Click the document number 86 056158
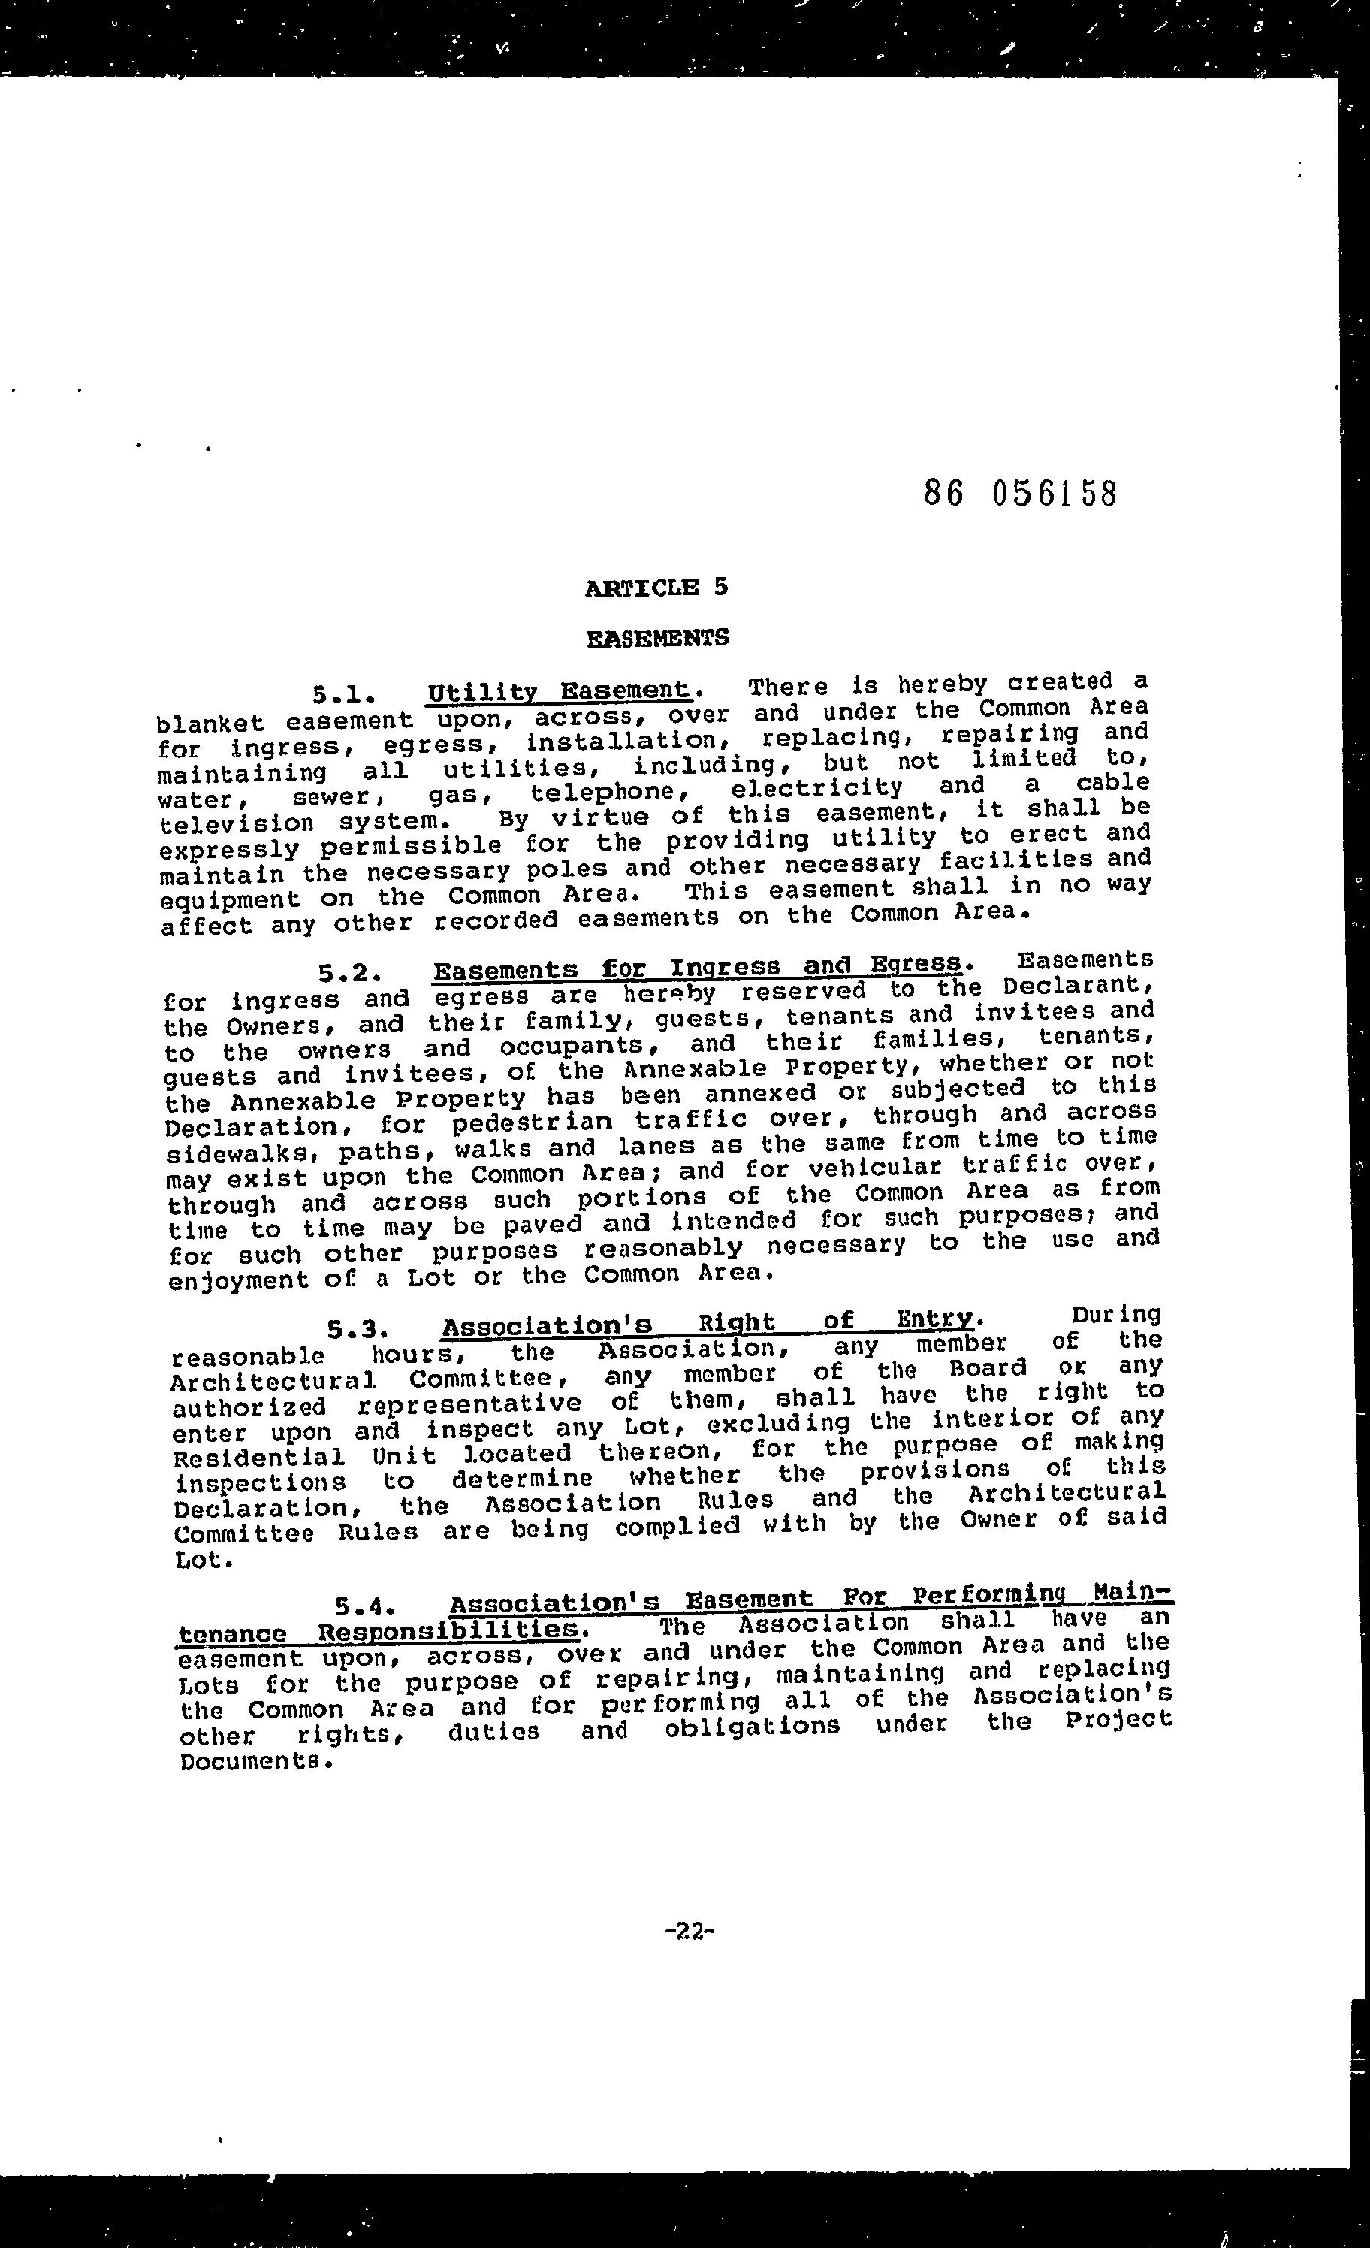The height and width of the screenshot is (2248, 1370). coord(1020,494)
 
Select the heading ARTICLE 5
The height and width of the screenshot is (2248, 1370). coord(656,588)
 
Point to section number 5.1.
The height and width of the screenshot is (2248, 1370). coord(344,695)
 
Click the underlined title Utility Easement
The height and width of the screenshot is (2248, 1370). coord(558,691)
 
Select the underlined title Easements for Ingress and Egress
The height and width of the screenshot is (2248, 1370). coord(698,966)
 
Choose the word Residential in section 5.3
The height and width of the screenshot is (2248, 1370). coord(259,1458)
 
